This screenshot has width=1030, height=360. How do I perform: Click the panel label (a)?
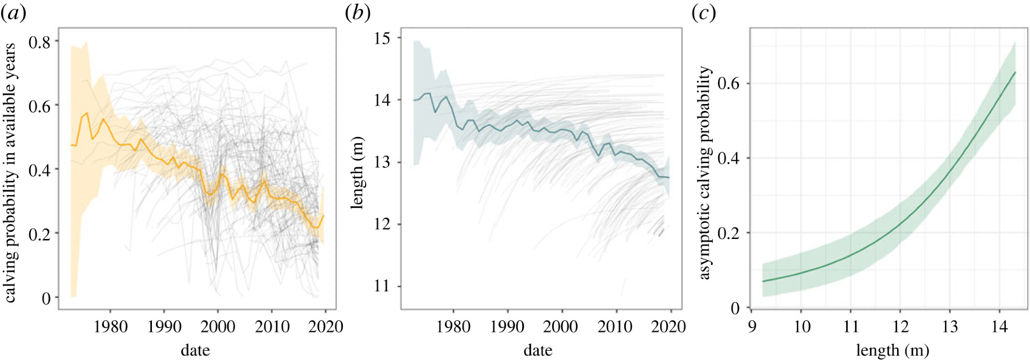coord(13,13)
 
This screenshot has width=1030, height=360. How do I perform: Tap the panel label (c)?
coord(703,13)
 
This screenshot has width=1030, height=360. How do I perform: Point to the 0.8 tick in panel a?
coord(40,42)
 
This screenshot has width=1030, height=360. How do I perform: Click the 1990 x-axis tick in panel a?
coord(164,327)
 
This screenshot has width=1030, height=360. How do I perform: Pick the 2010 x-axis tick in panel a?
coord(272,327)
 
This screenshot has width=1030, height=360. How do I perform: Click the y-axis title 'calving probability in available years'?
coord(10,173)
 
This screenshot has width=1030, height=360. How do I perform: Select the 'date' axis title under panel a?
coord(195,351)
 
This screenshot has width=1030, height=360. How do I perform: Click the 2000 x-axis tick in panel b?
coord(561,327)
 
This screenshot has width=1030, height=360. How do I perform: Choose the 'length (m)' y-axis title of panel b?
coord(357,173)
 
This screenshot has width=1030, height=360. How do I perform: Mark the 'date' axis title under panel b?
coord(538,351)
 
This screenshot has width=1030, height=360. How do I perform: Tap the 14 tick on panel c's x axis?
coord(1000,327)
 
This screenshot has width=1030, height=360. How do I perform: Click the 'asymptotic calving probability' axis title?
coord(705,173)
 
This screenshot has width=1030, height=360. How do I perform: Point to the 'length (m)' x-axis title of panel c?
coord(892,351)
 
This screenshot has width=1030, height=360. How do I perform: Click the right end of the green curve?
coord(1015,72)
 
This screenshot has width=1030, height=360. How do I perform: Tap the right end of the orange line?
coord(324,215)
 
